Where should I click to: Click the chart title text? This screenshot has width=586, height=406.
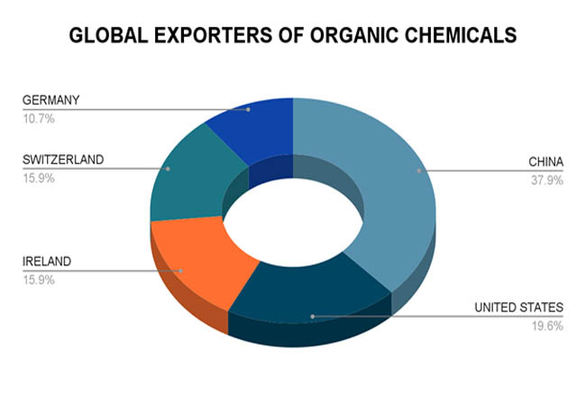(293, 35)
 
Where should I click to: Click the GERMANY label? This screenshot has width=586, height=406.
(50, 100)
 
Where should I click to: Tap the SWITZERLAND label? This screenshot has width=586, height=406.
(63, 160)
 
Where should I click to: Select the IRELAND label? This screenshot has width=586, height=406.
(47, 262)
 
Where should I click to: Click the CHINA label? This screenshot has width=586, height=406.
(546, 161)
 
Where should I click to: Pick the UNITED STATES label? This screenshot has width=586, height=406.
(518, 308)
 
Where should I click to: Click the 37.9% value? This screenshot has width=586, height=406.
(547, 180)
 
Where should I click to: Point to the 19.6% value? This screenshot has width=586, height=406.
(547, 326)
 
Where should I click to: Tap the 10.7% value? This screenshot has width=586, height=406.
(39, 119)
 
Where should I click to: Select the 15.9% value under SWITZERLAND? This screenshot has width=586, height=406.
(39, 179)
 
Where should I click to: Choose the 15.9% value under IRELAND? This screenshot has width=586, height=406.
(39, 280)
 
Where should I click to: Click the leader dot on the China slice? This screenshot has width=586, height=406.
(419, 171)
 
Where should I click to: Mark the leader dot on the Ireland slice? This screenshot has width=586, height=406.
(181, 271)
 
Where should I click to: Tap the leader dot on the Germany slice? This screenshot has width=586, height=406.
(248, 109)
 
